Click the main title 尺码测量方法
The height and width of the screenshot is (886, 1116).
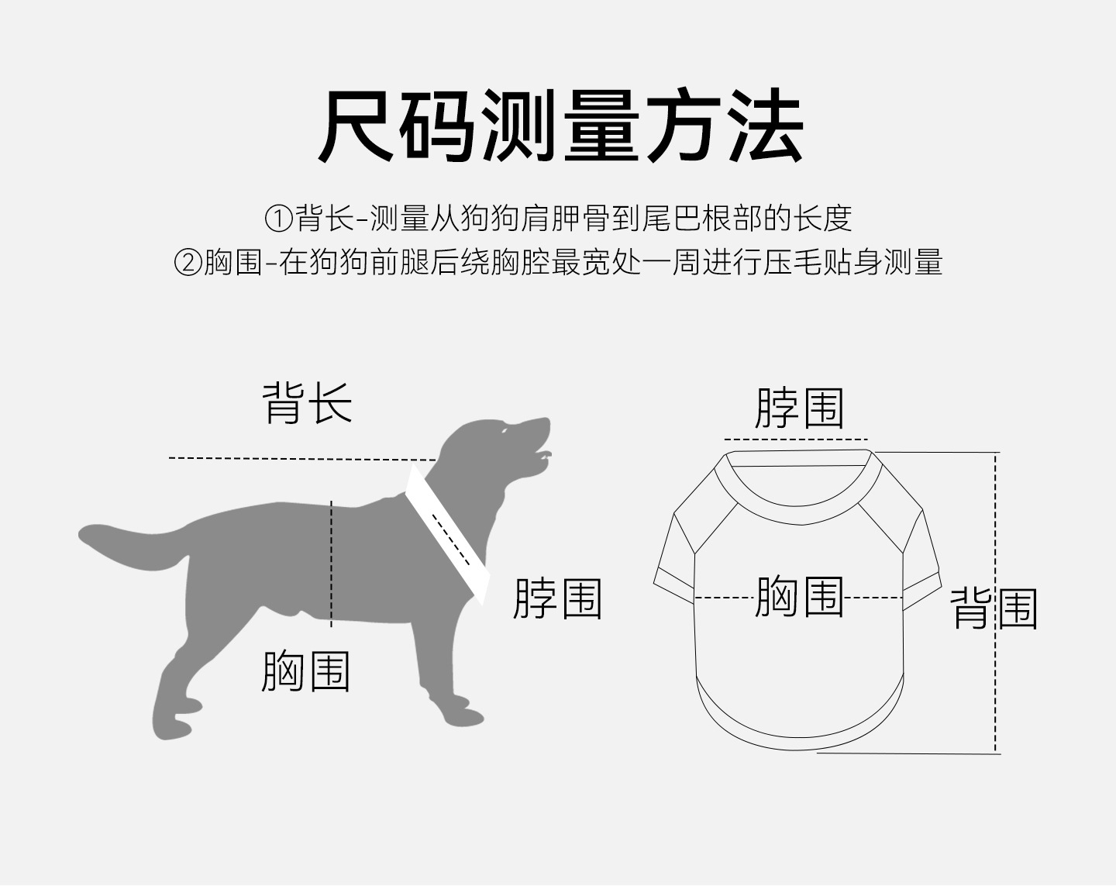[x=560, y=125]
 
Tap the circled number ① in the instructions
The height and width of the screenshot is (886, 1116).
[x=280, y=219]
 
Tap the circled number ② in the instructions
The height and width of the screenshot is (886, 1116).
[x=188, y=262]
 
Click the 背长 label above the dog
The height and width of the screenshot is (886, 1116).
[x=307, y=404]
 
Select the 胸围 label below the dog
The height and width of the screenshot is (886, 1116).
[x=305, y=671]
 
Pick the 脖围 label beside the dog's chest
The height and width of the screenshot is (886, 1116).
[x=557, y=598]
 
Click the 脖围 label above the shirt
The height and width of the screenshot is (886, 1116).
[x=799, y=408]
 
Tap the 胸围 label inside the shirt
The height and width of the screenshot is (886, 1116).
[x=799, y=597]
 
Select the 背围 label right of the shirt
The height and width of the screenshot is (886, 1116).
[x=994, y=608]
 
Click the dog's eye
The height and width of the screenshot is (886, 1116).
[x=505, y=430]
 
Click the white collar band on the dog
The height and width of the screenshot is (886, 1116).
[x=447, y=534]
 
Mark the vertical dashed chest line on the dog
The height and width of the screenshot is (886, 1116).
[x=332, y=564]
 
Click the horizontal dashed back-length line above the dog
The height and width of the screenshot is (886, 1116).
[x=302, y=459]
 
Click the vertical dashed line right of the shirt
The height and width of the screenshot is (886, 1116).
[x=995, y=603]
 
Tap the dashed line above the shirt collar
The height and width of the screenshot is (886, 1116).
[x=796, y=440]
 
